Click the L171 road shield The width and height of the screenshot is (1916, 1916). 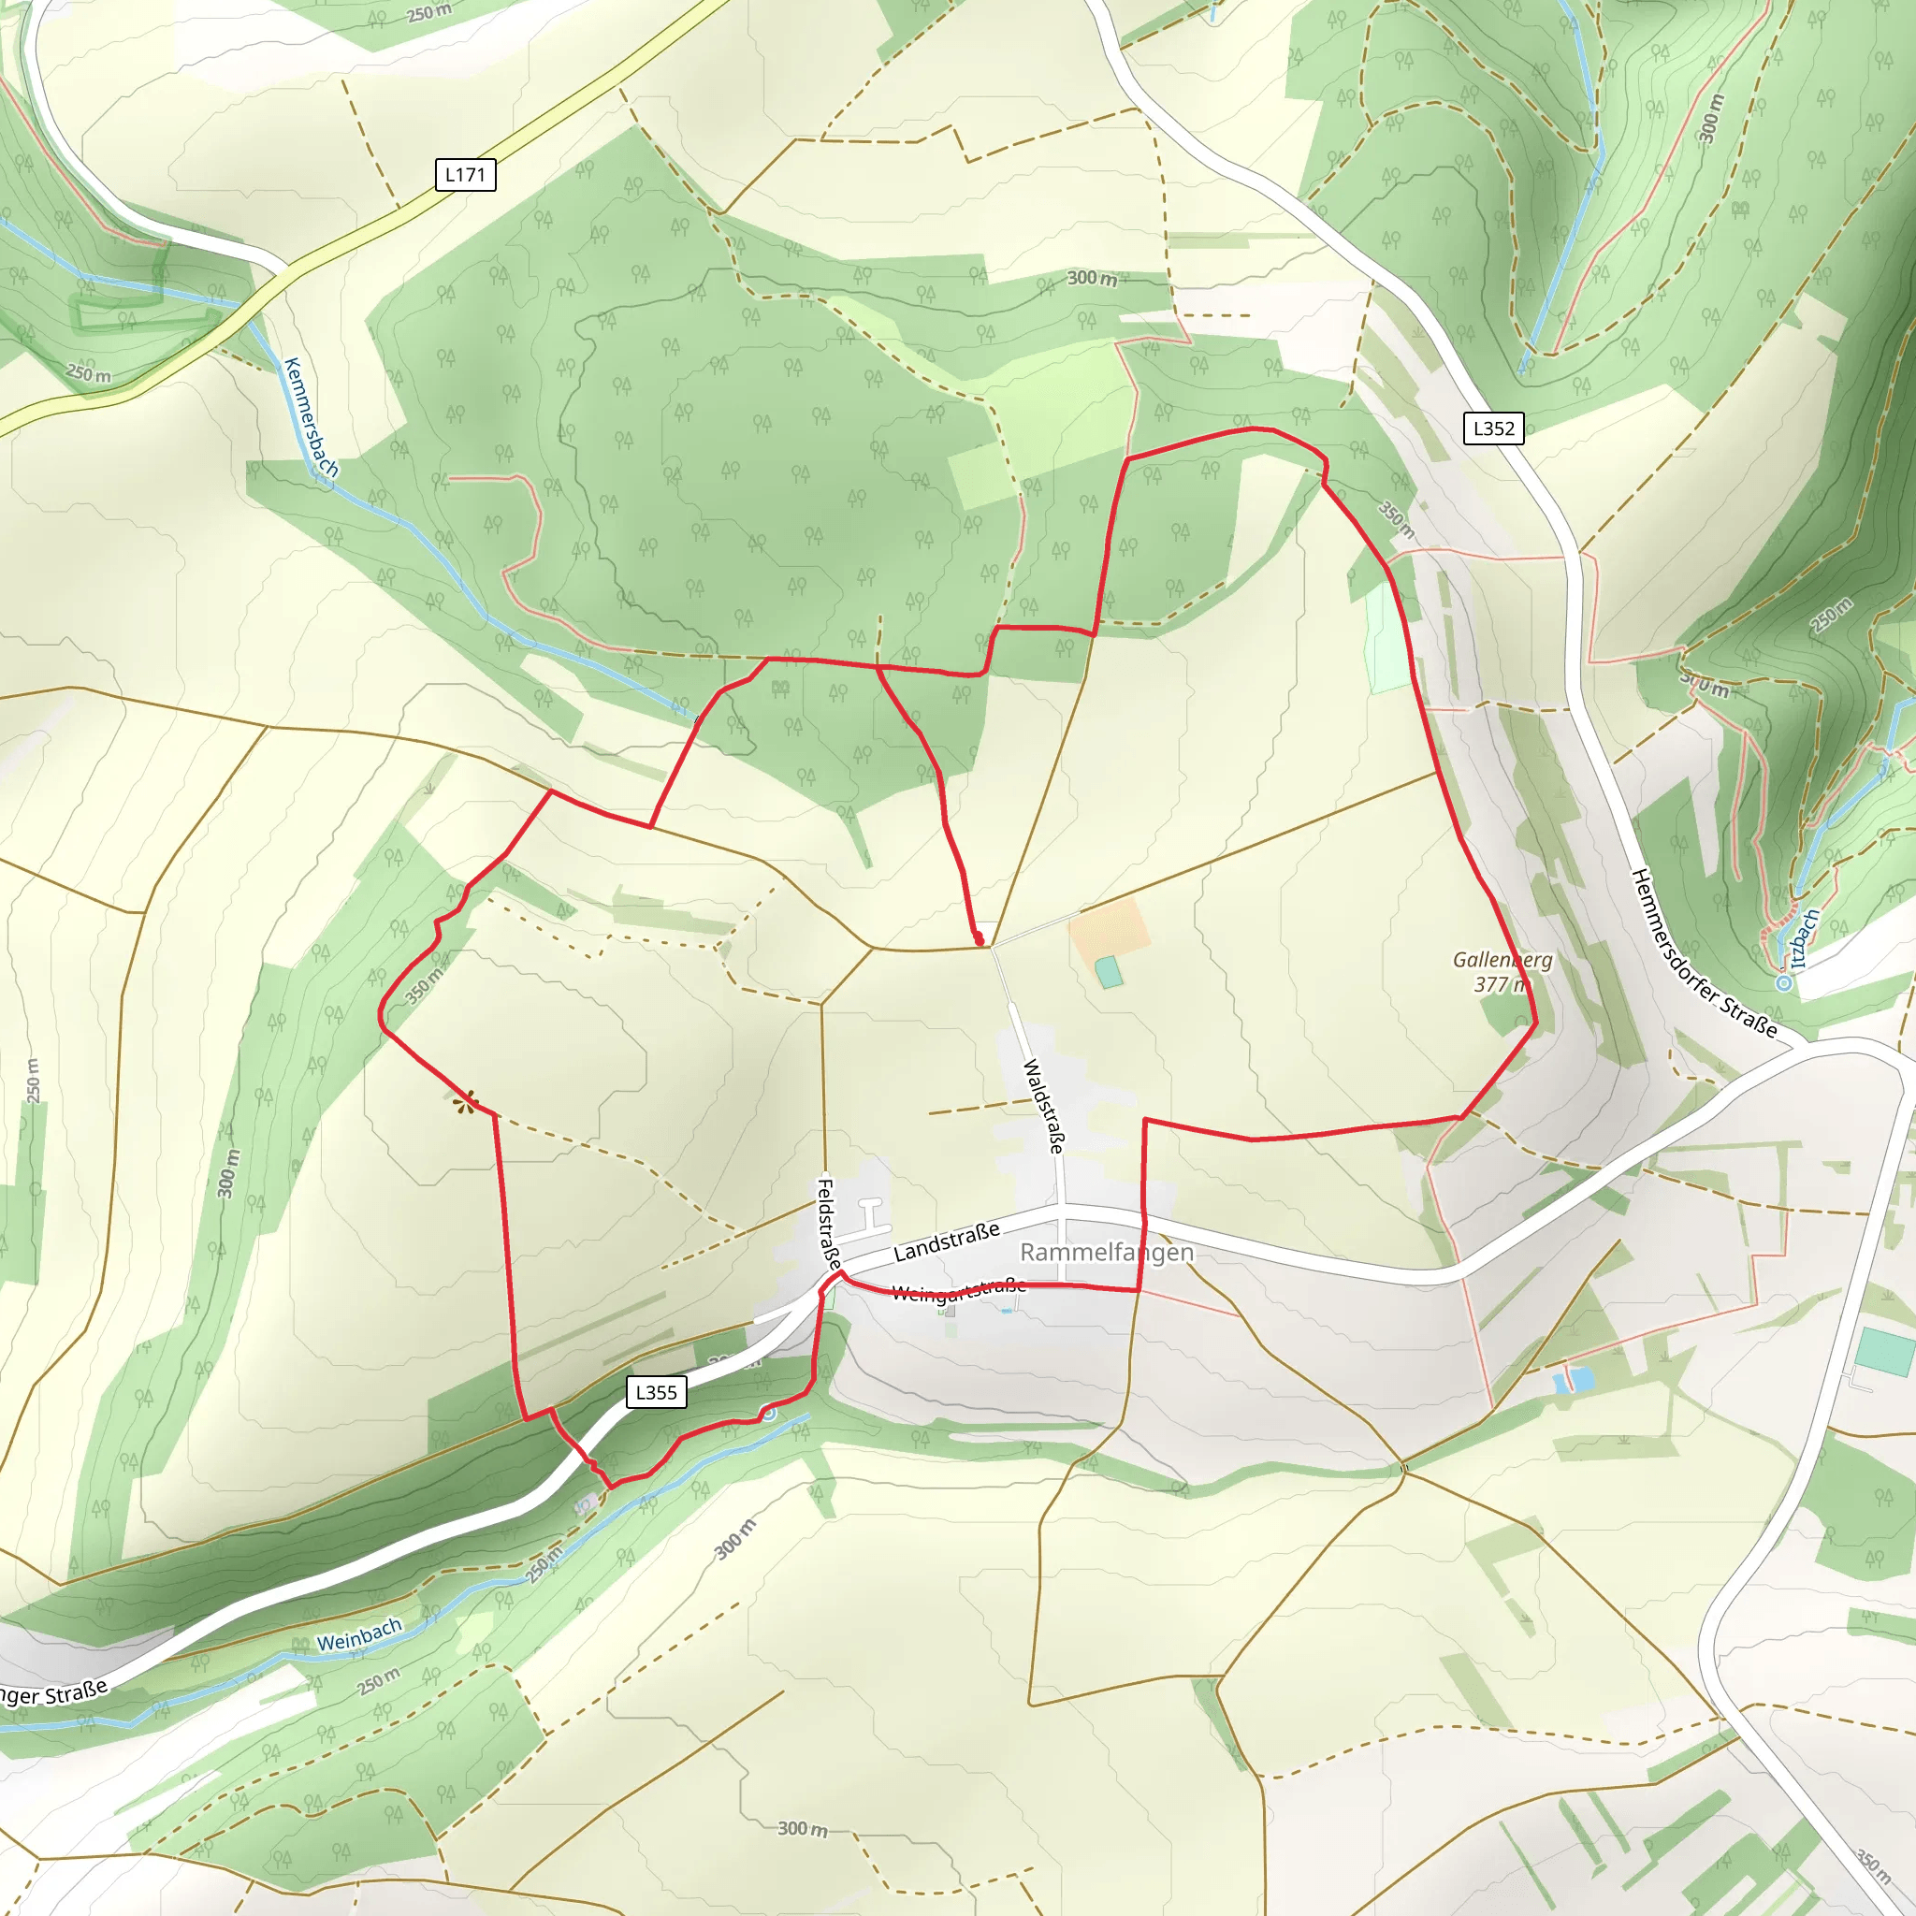(x=465, y=176)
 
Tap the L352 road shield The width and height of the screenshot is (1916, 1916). (x=1493, y=428)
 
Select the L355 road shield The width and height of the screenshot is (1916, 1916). (x=657, y=1392)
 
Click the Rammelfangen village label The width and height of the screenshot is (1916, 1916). (x=1107, y=1253)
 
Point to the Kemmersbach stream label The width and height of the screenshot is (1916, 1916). (x=311, y=417)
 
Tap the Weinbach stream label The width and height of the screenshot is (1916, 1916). (x=359, y=1634)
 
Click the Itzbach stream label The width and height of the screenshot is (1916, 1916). (x=1805, y=938)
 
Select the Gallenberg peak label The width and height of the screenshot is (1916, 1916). (x=1502, y=960)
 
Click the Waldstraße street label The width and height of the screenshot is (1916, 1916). (x=1044, y=1106)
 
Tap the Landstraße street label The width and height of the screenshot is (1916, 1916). (x=946, y=1242)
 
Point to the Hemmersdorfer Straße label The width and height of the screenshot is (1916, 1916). (x=1704, y=953)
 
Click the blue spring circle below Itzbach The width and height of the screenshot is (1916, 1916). (x=1784, y=983)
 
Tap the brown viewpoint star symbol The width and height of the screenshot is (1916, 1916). (x=464, y=1101)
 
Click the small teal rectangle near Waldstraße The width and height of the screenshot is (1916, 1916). (x=1109, y=972)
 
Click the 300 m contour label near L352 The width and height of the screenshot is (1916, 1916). (x=1710, y=119)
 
